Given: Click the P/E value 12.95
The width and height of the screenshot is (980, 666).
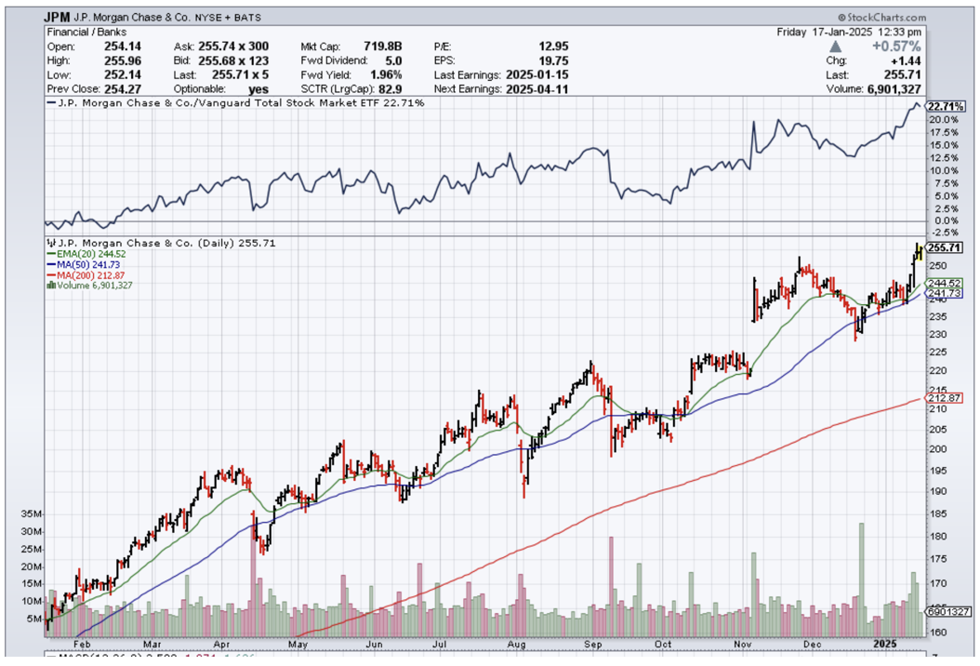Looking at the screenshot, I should click(x=552, y=46).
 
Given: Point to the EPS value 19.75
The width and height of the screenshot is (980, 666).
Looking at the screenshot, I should click(x=552, y=60).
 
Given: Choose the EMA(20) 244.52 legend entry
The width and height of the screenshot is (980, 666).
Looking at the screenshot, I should click(x=92, y=254).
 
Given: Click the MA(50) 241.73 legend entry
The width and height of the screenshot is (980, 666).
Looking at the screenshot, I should click(x=89, y=264).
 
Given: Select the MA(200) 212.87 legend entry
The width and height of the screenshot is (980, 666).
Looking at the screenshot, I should click(x=92, y=275).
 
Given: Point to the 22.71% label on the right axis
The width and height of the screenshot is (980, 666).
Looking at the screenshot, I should click(x=945, y=106).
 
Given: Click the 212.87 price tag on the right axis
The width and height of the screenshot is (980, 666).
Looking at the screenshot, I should click(x=945, y=398).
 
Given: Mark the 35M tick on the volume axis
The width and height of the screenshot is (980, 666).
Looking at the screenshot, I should click(x=32, y=513).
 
